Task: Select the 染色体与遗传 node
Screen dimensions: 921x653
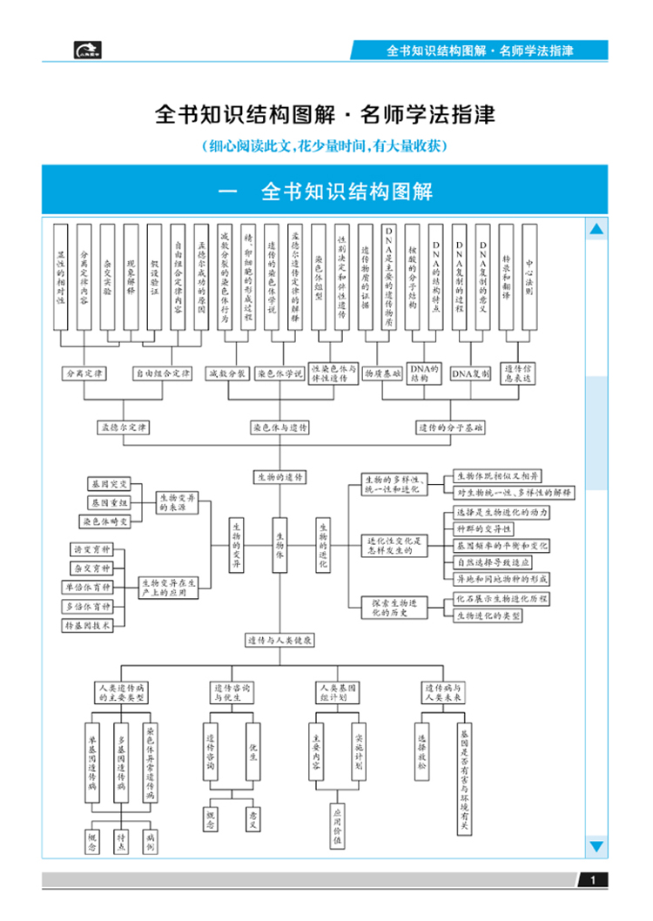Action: [279, 428]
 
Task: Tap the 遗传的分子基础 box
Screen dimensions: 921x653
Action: [450, 428]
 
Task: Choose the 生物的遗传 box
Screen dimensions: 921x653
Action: [279, 477]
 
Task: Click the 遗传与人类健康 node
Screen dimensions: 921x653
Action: [279, 640]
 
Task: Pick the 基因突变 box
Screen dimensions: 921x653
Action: [107, 484]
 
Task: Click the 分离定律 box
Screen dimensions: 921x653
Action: [84, 373]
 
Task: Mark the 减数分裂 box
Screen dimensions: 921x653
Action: [228, 373]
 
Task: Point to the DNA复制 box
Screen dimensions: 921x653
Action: [470, 373]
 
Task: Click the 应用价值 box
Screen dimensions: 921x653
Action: [337, 826]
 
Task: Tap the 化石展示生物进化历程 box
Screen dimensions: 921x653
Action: [502, 600]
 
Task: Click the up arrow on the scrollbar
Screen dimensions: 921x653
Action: [596, 230]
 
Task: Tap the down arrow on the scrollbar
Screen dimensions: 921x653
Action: [596, 845]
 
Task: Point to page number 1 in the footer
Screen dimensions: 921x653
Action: [593, 881]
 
